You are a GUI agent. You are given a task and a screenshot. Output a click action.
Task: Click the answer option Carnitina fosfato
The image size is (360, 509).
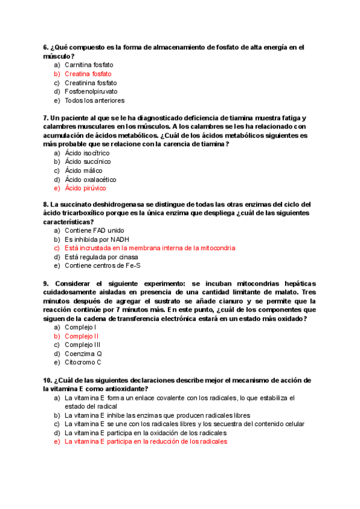coord(89,65)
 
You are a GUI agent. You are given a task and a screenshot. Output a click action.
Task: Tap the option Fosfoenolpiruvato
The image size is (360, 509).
coord(91,92)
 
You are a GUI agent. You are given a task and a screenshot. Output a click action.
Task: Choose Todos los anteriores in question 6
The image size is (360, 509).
coord(94,101)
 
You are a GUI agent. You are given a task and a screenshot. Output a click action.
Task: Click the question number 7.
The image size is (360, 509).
coord(46,118)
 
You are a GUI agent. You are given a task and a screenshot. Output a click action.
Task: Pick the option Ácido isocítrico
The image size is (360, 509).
coord(87,153)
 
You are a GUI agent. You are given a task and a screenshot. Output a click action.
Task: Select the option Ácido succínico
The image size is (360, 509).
coord(88,161)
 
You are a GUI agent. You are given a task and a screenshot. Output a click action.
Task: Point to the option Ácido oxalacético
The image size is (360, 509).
coord(91,179)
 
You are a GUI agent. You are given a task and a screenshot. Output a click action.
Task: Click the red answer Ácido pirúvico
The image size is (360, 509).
coord(85,188)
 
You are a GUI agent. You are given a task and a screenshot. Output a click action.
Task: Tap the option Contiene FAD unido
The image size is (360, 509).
coord(95,230)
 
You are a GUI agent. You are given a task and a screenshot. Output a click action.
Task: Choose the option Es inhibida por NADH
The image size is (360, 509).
coord(97,239)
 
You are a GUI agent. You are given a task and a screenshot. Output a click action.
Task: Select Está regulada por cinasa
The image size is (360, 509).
coord(100,257)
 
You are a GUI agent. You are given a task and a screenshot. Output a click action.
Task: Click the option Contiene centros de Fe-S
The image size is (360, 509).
coord(103,266)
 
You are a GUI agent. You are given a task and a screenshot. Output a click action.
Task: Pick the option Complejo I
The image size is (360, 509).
coord(80,327)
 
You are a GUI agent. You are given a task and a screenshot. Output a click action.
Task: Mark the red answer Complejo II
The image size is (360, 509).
coord(82,336)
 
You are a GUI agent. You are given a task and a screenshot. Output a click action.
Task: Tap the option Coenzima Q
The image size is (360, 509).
coord(83,354)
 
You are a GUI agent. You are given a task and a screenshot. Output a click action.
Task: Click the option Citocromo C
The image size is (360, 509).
coord(83,363)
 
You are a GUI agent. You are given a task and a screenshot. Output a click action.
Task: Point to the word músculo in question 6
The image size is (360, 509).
coord(57,56)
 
